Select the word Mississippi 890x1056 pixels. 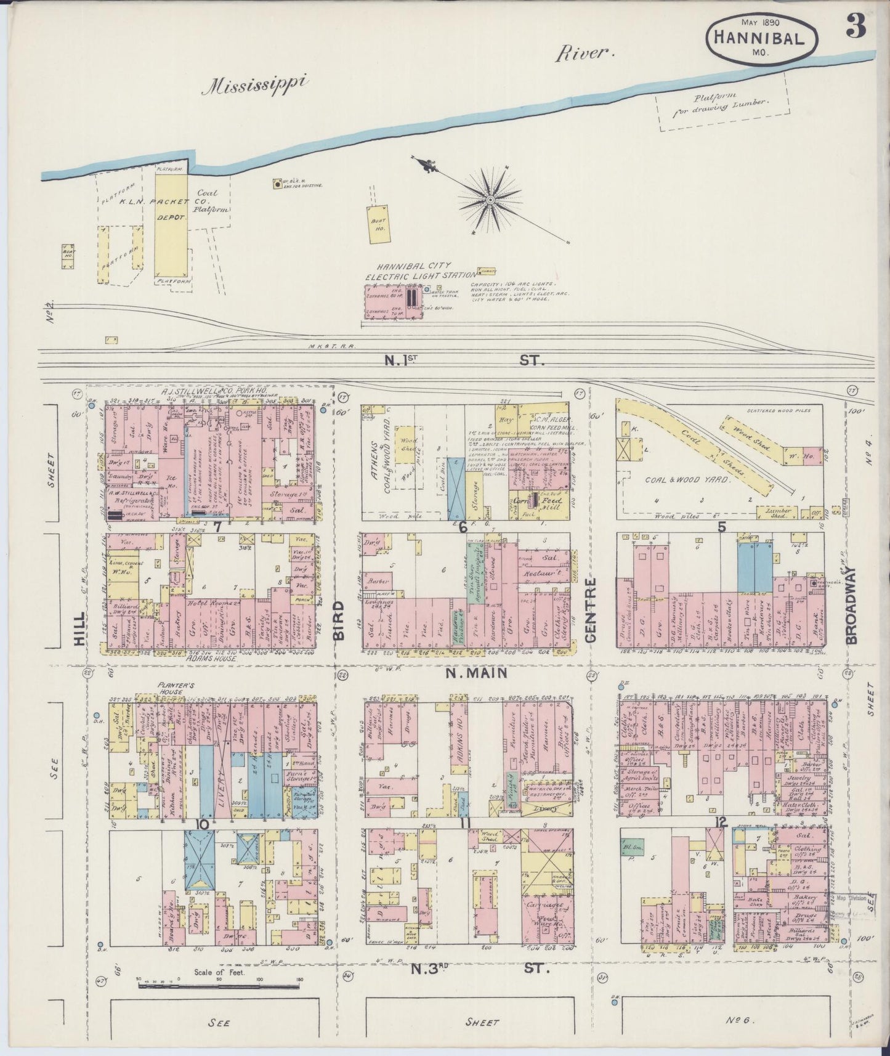pos(257,86)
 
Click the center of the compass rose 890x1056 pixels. pos(490,200)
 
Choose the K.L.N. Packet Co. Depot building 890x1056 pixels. pos(171,225)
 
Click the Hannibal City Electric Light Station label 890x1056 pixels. pos(421,271)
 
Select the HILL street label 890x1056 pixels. pos(79,632)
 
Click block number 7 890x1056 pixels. pos(216,526)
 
